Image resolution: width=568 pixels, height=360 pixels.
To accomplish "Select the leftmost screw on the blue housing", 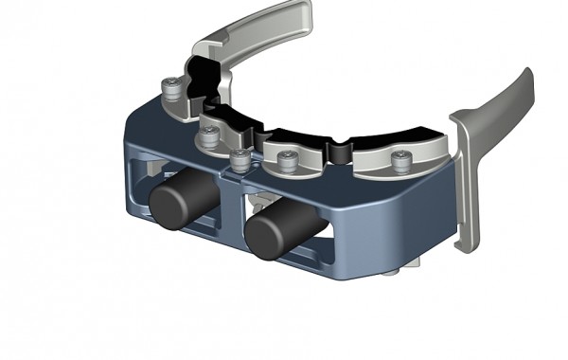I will coord(170,87).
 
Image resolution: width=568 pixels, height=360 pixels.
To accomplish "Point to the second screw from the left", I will coord(208,133).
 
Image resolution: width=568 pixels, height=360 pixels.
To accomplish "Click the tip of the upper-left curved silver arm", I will coord(303,11).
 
